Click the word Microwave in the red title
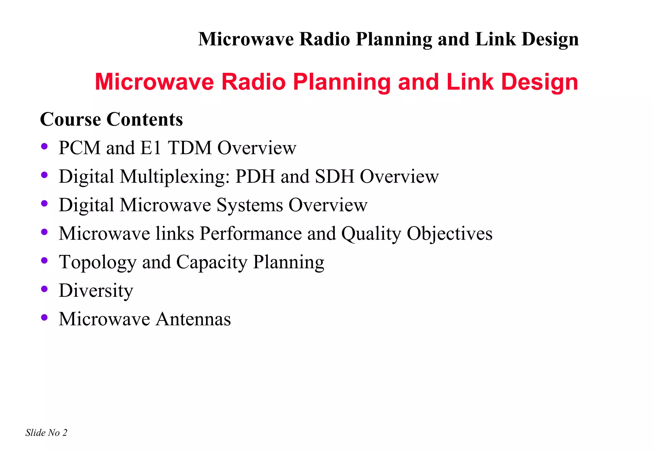(x=154, y=82)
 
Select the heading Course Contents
(x=111, y=119)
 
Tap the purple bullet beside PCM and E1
(x=44, y=147)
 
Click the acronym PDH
(x=255, y=176)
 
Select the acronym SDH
(x=335, y=176)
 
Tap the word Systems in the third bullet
(x=250, y=205)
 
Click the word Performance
(x=251, y=234)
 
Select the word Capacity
(x=212, y=263)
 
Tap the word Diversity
(x=96, y=291)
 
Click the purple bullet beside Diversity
(x=44, y=289)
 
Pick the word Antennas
(x=193, y=319)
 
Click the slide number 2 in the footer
(x=65, y=433)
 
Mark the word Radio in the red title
(x=254, y=82)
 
